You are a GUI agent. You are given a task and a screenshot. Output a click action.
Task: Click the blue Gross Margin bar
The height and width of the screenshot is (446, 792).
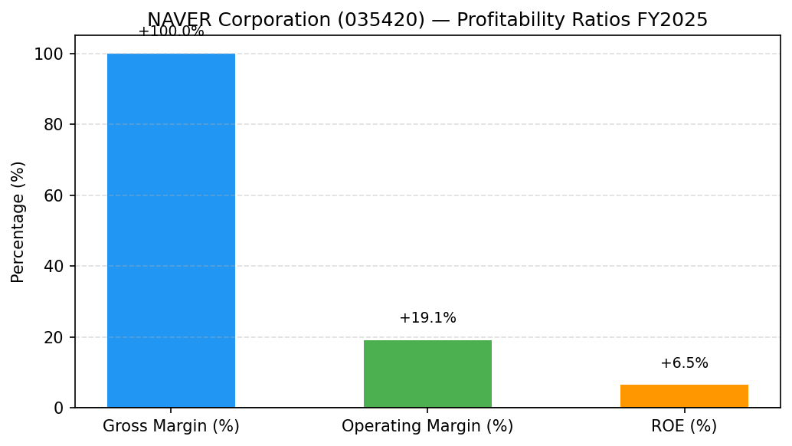(x=172, y=231)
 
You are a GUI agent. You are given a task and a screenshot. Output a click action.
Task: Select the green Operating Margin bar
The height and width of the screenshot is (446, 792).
(x=428, y=374)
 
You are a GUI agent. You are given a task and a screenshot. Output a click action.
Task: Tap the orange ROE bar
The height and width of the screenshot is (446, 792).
(x=685, y=396)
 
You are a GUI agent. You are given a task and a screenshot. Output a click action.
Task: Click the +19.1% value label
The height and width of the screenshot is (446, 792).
(x=428, y=318)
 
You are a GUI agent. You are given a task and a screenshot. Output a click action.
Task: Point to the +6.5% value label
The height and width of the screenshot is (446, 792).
(x=685, y=362)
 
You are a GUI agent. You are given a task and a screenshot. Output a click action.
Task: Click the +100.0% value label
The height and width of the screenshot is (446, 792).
(x=172, y=31)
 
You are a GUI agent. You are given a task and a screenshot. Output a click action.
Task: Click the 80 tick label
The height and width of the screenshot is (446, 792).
(x=53, y=125)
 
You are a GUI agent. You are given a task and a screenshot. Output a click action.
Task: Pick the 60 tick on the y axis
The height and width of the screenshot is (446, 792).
(x=53, y=195)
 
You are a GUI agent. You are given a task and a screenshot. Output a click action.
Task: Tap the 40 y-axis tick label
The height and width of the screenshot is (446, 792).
(x=53, y=266)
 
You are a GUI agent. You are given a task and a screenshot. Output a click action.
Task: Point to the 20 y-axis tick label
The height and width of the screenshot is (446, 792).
(x=53, y=337)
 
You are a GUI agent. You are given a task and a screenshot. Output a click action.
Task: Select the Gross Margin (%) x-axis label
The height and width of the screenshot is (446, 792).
(x=172, y=426)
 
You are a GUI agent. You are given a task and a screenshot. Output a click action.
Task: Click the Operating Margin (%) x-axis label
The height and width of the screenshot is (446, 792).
(x=428, y=426)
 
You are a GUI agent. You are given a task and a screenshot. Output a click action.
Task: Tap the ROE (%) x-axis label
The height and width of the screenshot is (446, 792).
(x=685, y=426)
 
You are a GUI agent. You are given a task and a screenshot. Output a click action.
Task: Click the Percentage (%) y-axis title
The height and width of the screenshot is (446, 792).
(x=18, y=222)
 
